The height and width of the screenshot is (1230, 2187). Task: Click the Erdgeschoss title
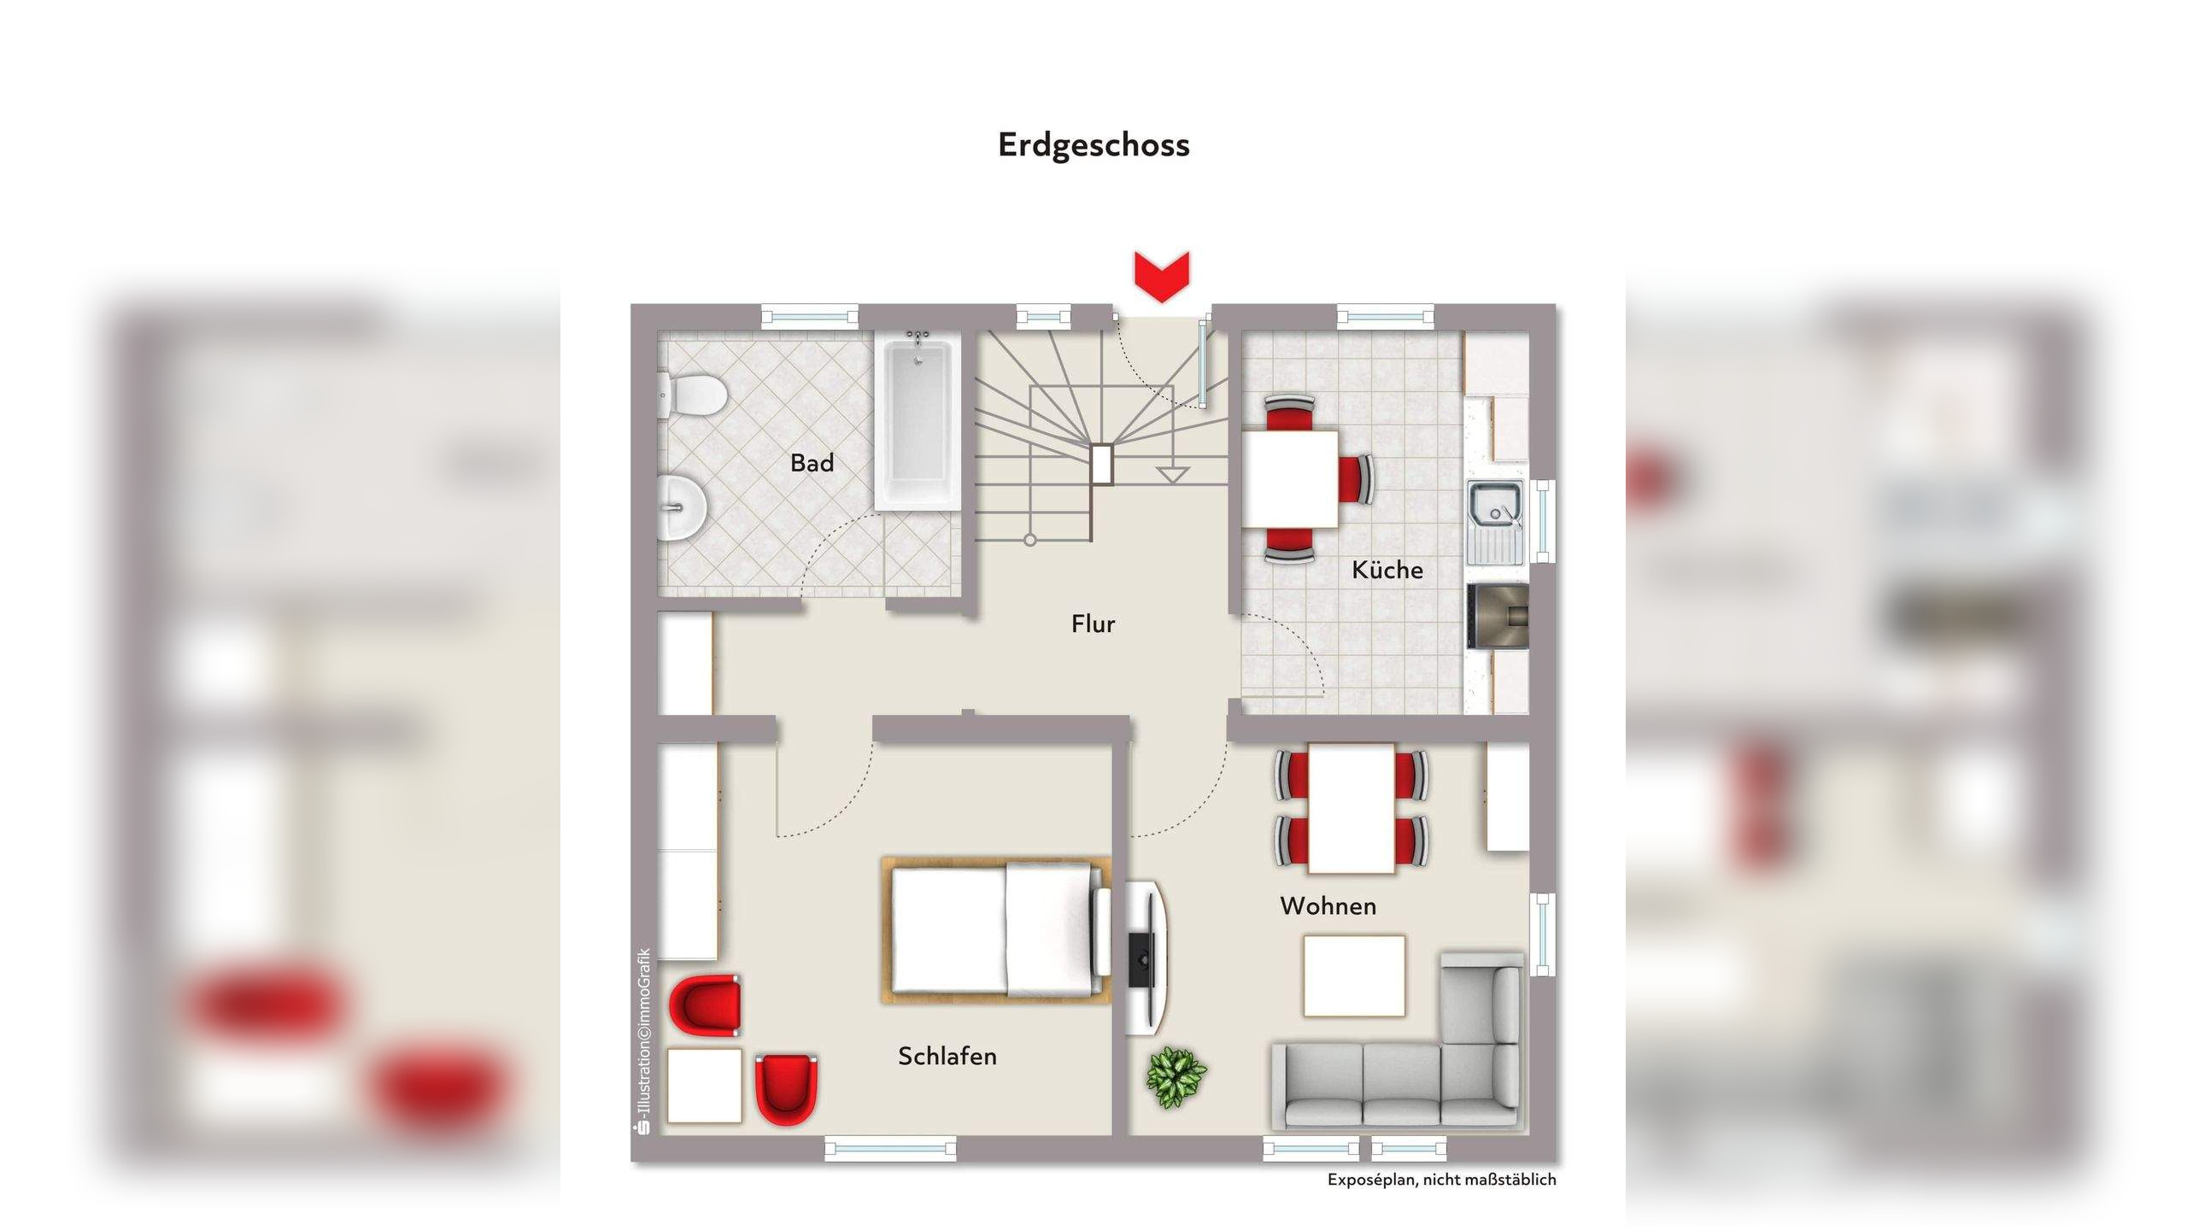(1093, 145)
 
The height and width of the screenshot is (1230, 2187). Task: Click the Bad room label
(812, 463)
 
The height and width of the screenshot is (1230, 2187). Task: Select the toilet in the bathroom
(694, 396)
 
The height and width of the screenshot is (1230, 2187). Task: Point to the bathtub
(918, 422)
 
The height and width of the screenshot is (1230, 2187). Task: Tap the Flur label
(1093, 624)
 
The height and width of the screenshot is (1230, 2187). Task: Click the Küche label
(1387, 571)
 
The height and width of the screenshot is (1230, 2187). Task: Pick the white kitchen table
(1290, 479)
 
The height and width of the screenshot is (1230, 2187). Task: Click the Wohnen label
(1328, 906)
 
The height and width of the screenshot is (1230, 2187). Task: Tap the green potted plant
(1176, 1077)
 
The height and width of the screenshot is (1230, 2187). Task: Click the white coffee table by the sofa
(1354, 975)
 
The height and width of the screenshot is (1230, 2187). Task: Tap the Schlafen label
(947, 1057)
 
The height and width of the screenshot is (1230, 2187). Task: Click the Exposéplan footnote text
(1441, 1180)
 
